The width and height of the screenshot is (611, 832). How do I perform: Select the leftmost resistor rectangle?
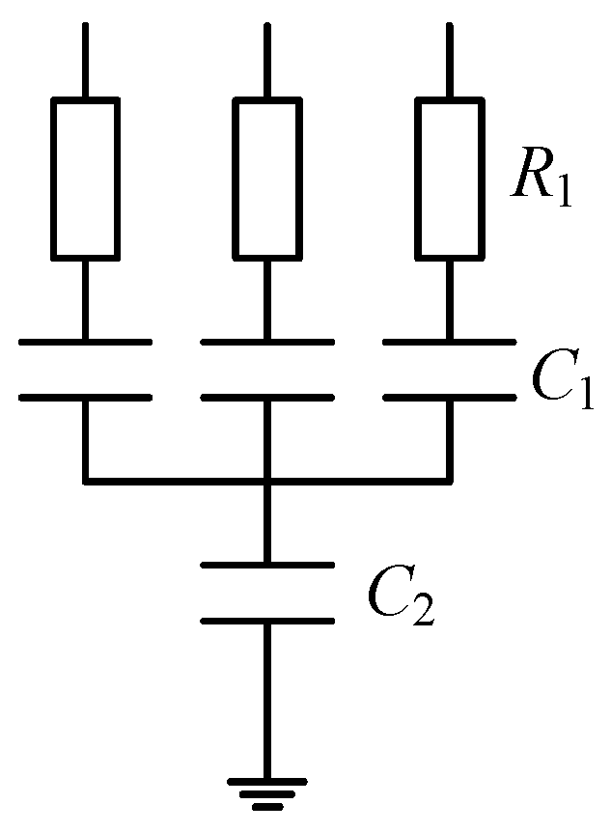click(85, 179)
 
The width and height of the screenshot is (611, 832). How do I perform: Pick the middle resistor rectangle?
click(267, 179)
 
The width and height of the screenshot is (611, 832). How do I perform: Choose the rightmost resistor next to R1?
click(450, 179)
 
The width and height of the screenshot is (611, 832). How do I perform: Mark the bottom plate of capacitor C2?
click(267, 620)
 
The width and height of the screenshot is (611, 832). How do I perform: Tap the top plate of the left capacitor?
click(85, 341)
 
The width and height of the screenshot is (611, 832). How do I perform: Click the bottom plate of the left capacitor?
click(85, 396)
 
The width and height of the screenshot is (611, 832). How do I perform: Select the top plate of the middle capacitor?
click(267, 341)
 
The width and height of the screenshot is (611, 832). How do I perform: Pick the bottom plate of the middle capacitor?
click(267, 396)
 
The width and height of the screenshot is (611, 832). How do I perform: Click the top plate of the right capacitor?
click(450, 341)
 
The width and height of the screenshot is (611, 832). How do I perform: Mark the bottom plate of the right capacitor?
click(450, 396)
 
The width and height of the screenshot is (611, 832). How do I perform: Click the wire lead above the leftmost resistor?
click(85, 58)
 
